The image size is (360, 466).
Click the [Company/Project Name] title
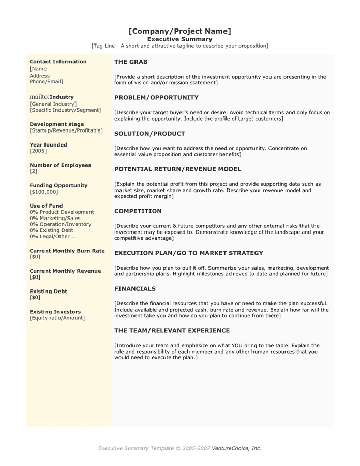coord(179,31)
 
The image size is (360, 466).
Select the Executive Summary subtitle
coord(179,39)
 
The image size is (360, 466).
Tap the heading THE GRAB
coord(131,62)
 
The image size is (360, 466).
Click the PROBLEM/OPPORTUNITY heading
coord(156,97)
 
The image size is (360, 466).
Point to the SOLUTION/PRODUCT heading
coord(149,133)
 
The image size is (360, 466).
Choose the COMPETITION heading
coord(138,211)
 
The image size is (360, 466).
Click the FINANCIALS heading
coord(135,289)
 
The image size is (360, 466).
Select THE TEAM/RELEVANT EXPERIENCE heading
coord(172,331)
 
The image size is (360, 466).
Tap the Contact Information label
coord(58,62)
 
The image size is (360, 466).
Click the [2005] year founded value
coord(38,151)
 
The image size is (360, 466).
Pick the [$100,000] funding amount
coord(44,192)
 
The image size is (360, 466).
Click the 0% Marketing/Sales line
coord(58,219)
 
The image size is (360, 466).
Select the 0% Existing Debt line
coord(52,230)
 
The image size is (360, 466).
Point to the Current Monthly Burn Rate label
coord(67,251)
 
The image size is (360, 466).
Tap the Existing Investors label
coord(55,312)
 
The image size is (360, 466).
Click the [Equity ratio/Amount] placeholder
coord(57,318)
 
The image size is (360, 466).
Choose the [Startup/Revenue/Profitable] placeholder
coord(66,130)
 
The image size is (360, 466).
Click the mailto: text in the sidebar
coord(39,97)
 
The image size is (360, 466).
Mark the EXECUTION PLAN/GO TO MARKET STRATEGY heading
coord(189,253)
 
